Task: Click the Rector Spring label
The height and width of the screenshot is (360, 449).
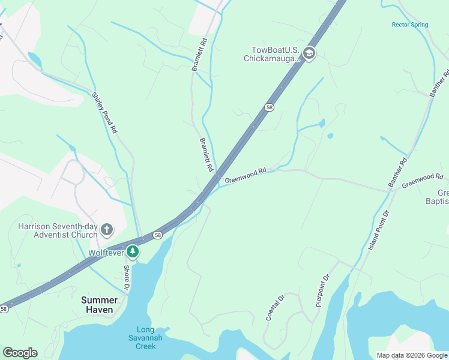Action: point(410,25)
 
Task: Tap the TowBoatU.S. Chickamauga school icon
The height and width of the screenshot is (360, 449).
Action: point(309,54)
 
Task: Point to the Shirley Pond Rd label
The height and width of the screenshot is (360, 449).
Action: point(104,112)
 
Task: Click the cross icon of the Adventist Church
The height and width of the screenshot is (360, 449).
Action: point(106,230)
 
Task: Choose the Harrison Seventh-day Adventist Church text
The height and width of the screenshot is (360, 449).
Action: point(57,231)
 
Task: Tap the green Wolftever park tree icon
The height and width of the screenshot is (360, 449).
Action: point(132,253)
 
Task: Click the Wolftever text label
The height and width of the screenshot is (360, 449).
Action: point(106,253)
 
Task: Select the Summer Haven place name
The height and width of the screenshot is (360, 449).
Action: point(99,304)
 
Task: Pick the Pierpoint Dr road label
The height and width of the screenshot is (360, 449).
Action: point(323,290)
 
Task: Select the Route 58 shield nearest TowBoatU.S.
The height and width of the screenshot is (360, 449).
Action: point(270,107)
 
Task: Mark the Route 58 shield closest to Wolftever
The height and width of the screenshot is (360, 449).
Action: point(157,234)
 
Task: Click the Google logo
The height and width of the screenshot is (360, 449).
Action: point(20,353)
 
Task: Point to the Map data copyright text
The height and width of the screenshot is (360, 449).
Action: point(411,355)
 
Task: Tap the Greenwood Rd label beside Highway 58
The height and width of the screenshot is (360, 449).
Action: point(245,176)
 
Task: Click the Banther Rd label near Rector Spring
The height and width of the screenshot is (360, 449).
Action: point(439,84)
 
